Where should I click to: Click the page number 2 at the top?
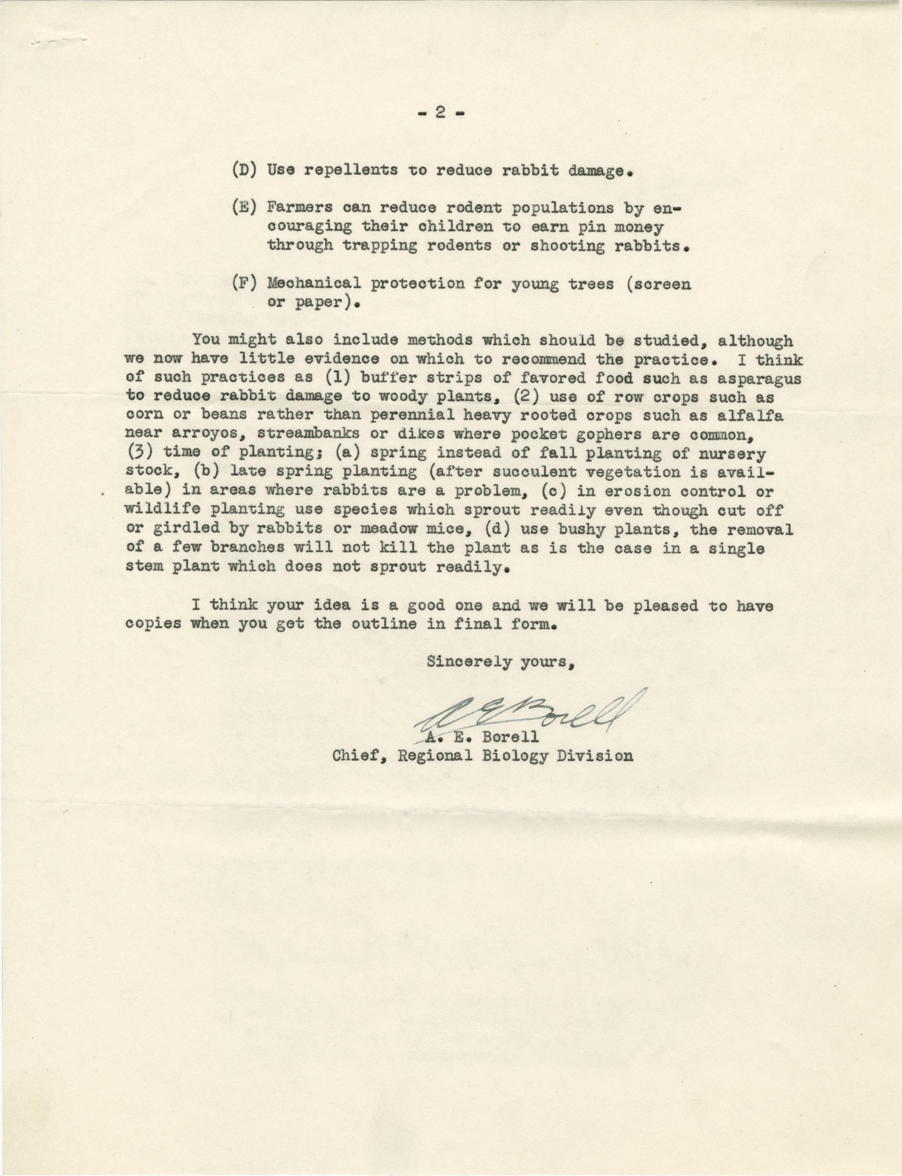pos(440,114)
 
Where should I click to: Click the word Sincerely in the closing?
pos(469,662)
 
